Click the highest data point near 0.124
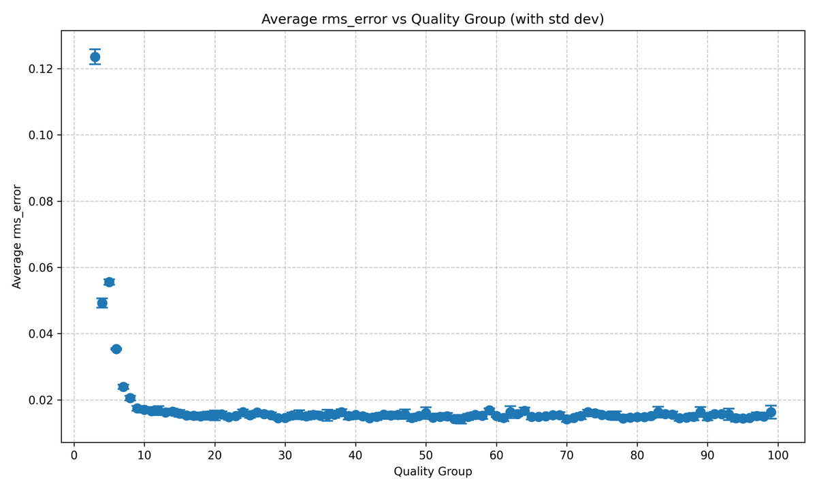(x=95, y=57)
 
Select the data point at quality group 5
(x=109, y=282)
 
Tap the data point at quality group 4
(x=102, y=303)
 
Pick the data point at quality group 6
(x=116, y=349)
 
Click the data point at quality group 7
(x=123, y=387)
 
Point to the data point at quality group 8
(x=130, y=398)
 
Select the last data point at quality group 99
(x=771, y=412)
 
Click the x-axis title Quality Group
(x=433, y=471)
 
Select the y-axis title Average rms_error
(x=18, y=237)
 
